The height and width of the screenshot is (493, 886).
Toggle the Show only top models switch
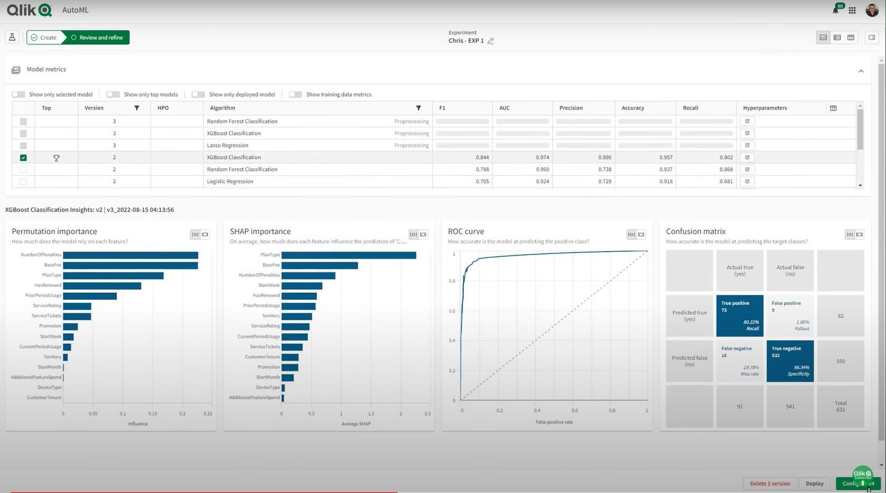coord(114,95)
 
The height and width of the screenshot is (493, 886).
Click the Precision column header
coord(571,108)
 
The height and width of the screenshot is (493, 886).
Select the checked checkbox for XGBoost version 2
coord(23,158)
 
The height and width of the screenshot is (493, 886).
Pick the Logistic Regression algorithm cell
coord(230,181)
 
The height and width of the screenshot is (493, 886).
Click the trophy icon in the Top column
coord(56,158)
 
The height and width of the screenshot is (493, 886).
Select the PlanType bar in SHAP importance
coord(348,255)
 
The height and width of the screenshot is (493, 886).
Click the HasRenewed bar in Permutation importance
coord(102,286)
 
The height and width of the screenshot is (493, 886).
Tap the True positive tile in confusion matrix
coord(739,316)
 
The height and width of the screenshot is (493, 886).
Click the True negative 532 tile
coord(790,361)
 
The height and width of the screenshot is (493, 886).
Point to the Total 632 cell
coord(840,406)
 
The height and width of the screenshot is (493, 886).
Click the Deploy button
coord(814,484)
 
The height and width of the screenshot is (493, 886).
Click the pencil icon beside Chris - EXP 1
coord(491,41)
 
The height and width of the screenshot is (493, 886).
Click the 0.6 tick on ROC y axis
coord(452,311)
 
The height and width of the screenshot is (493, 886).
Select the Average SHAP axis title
coord(356,424)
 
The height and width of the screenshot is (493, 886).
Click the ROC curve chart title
coord(466,231)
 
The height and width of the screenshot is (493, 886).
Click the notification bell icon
coord(835,10)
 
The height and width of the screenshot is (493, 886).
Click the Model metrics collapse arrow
coord(861,71)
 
